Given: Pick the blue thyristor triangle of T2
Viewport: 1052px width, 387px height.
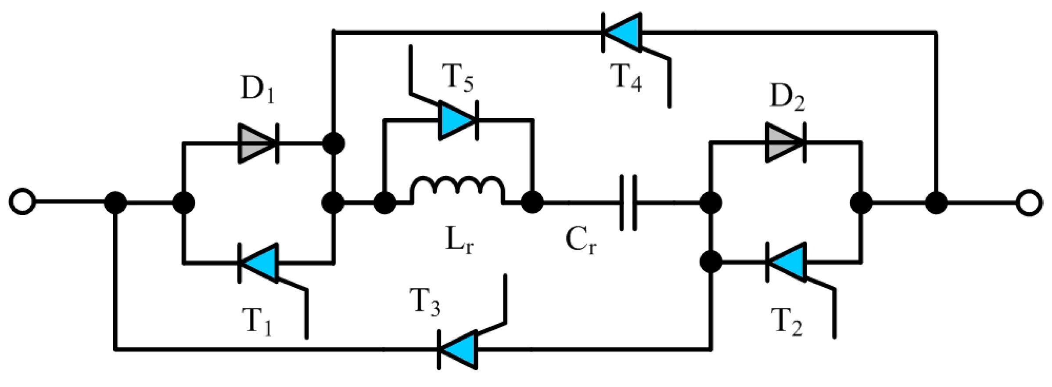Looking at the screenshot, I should click(786, 263).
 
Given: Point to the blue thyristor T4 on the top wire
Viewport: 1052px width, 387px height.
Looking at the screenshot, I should click(622, 32).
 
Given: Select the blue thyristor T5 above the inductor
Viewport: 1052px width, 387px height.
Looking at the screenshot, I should click(458, 119).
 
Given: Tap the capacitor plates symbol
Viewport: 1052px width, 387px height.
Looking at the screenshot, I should click(628, 203).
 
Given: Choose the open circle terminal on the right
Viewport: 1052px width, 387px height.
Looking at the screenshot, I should click(1029, 203).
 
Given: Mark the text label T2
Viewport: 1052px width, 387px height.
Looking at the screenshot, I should click(786, 324).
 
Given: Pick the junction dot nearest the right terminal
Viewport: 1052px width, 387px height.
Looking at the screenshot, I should click(936, 203).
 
